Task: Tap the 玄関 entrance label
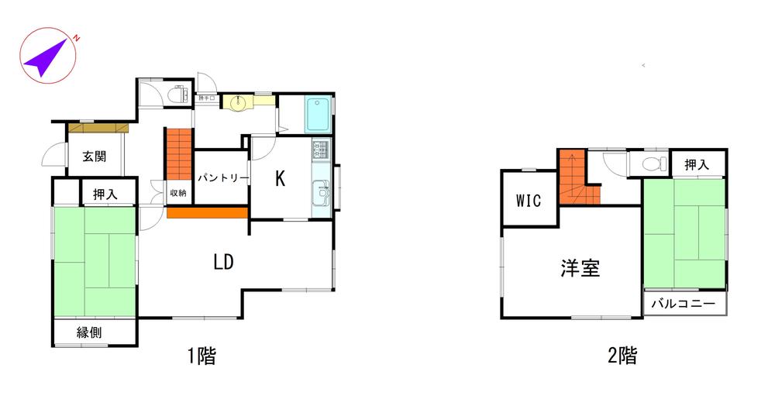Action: click(x=94, y=156)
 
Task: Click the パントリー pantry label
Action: click(x=222, y=178)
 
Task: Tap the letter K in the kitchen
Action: click(x=280, y=179)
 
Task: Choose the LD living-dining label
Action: click(x=224, y=262)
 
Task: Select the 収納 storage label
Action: click(x=177, y=193)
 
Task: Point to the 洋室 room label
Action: click(x=580, y=268)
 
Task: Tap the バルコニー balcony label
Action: click(x=683, y=303)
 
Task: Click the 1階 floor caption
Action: click(x=201, y=356)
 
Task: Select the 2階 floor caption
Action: click(x=622, y=356)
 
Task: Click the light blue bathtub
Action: click(x=319, y=115)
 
